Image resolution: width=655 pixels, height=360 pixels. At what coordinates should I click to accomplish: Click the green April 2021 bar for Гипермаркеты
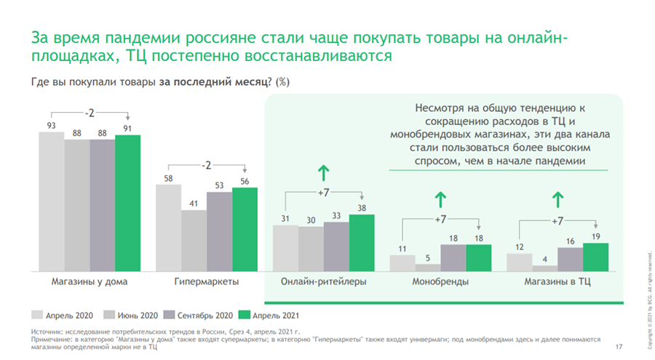tap(245, 228)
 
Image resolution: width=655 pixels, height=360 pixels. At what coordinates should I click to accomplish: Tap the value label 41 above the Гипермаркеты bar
tap(194, 204)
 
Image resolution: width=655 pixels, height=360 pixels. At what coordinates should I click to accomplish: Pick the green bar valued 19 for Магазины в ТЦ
tap(596, 255)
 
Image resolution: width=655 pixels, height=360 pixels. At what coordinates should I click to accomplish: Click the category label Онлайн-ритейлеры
tap(324, 281)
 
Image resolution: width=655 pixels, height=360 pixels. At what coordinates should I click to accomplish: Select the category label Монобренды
tap(440, 281)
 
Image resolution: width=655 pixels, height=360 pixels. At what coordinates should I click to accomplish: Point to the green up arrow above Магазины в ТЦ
tap(558, 198)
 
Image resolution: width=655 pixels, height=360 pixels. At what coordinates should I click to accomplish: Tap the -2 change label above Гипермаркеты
tap(207, 165)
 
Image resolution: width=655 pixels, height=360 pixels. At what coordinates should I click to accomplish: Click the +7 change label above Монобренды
tap(441, 220)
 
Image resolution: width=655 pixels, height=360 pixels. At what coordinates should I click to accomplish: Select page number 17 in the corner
tap(619, 345)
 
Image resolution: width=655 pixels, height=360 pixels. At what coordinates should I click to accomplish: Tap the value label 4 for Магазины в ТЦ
tap(545, 257)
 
